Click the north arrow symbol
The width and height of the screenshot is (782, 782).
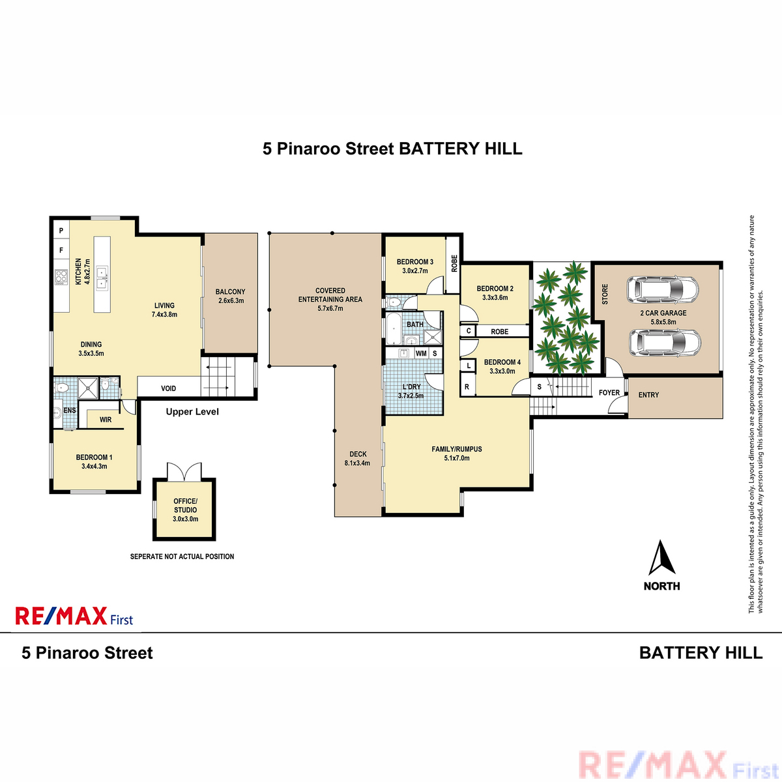click(x=661, y=558)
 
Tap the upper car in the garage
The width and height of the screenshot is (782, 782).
click(x=662, y=290)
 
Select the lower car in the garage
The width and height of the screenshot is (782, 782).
click(x=665, y=343)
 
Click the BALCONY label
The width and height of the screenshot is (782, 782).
click(x=230, y=292)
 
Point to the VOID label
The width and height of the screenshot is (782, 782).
click(x=168, y=388)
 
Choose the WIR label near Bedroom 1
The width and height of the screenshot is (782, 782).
click(x=106, y=420)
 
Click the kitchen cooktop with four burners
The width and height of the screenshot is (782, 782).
click(x=61, y=277)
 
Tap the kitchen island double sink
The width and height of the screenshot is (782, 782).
click(x=102, y=278)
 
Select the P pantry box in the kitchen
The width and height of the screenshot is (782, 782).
click(x=61, y=231)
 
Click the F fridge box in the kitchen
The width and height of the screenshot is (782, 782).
click(x=61, y=250)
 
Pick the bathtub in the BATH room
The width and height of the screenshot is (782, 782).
click(x=393, y=328)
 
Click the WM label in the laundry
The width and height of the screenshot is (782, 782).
click(x=421, y=353)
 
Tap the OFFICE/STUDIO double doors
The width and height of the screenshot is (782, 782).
click(x=184, y=471)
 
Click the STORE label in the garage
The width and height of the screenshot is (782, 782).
click(x=605, y=294)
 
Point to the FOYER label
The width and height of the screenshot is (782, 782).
click(x=609, y=392)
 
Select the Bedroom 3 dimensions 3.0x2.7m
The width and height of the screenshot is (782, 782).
click(x=414, y=270)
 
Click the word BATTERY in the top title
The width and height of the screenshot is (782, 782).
click(x=439, y=149)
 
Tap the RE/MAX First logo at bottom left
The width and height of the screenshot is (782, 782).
click(x=74, y=616)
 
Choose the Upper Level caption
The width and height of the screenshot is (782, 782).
click(x=192, y=411)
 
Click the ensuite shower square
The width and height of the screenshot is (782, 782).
click(x=88, y=388)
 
